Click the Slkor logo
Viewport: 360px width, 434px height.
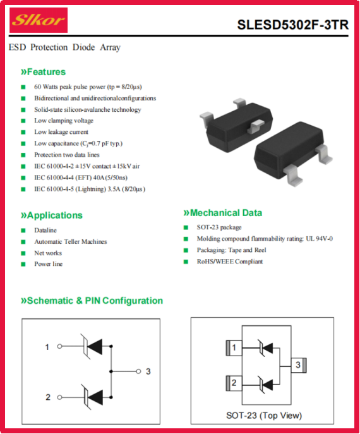click(39, 20)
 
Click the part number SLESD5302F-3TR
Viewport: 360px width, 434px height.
click(293, 25)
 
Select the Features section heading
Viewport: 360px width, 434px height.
click(43, 72)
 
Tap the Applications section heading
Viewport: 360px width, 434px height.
click(52, 215)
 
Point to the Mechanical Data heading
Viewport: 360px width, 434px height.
click(223, 213)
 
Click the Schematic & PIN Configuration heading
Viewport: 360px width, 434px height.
click(92, 301)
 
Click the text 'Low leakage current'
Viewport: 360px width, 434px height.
click(61, 132)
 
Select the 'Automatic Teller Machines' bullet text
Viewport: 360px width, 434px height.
click(71, 241)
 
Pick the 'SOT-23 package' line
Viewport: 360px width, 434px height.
click(219, 227)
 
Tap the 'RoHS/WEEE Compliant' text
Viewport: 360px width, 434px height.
click(230, 262)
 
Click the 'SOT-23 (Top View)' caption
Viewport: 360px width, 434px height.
click(264, 416)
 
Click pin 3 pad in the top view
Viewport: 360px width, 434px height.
click(298, 365)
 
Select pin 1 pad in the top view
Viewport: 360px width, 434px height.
click(234, 347)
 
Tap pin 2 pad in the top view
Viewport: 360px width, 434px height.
click(234, 383)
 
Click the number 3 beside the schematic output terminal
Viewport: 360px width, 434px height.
click(148, 371)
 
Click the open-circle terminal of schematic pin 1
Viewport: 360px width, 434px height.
click(59, 346)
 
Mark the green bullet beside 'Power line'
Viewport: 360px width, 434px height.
click(23, 264)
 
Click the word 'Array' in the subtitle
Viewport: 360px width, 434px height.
click(110, 47)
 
